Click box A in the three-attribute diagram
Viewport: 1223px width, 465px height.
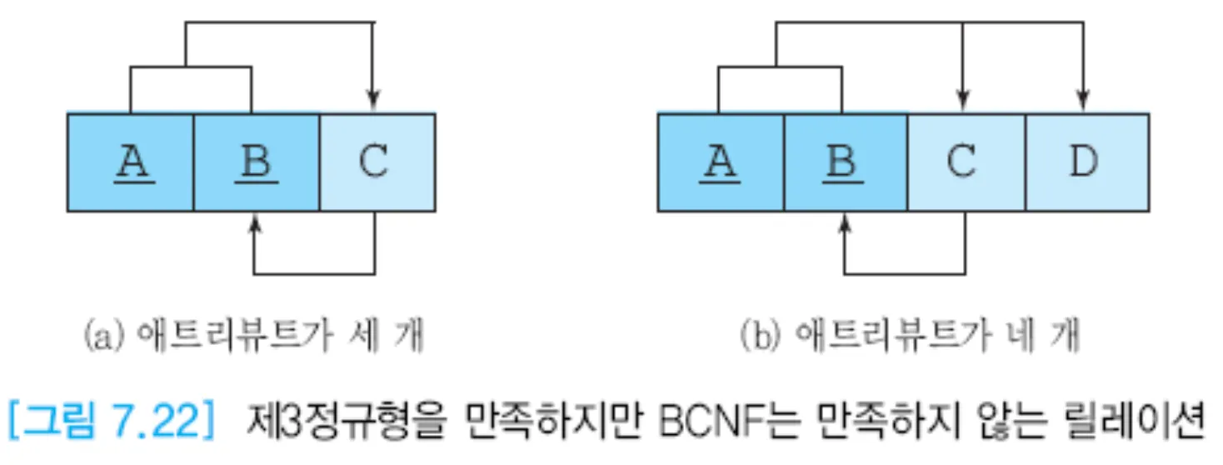(130, 162)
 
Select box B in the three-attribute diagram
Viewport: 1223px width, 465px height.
(256, 162)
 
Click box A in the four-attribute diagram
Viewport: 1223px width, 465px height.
(721, 162)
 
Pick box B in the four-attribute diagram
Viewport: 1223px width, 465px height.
(845, 162)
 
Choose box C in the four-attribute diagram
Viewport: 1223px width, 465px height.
(966, 162)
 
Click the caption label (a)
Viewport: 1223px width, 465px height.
(98, 337)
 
